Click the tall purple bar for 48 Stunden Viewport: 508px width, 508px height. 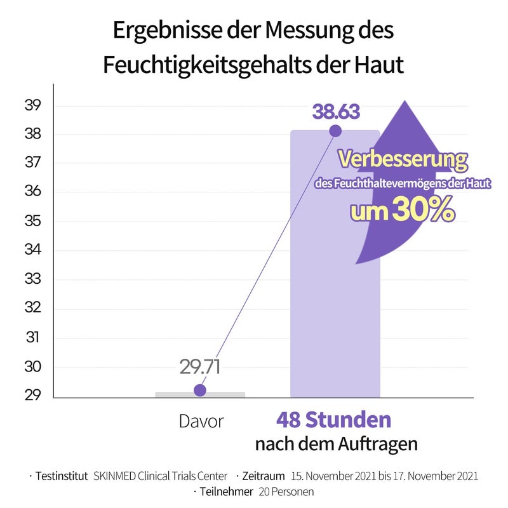click(335, 286)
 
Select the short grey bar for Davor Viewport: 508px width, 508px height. click(200, 394)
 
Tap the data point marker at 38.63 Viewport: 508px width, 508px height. click(335, 131)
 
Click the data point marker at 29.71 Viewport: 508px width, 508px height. click(200, 390)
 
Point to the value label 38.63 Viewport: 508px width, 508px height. click(336, 112)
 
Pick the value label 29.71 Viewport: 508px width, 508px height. click(199, 367)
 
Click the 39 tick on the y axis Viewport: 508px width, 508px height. click(33, 105)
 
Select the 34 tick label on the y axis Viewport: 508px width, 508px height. click(33, 250)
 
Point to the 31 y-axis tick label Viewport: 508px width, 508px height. click(33, 338)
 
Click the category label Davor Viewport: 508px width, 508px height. click(201, 421)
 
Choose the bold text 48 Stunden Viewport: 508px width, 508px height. click(333, 420)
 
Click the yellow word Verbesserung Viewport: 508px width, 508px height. click(403, 159)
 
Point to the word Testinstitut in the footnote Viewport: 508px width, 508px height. click(62, 476)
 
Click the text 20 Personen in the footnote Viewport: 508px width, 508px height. click(283, 491)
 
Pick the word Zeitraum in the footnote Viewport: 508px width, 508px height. click(263, 476)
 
